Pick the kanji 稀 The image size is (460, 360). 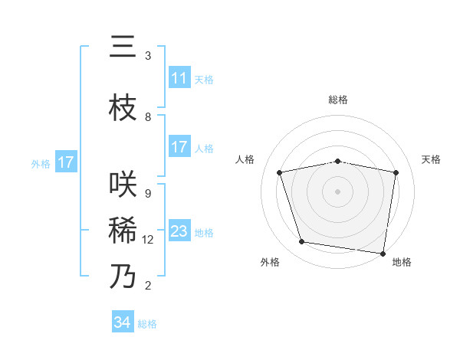point(123,231)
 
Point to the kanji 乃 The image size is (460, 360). point(123,277)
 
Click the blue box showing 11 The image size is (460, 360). point(179,78)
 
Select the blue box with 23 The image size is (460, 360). point(179,231)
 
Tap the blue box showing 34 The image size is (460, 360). point(123,322)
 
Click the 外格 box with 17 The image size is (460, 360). point(66,162)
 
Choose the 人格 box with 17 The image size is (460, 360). point(179,147)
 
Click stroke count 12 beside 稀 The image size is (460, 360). point(148,240)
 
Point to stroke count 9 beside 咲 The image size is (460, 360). point(148,194)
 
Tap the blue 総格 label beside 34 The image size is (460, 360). point(147,324)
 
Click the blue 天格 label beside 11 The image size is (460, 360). point(204,79)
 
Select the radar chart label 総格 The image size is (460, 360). point(338,100)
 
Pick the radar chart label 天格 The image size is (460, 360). point(432,159)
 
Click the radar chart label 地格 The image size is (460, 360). point(402,262)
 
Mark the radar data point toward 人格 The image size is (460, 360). point(280,172)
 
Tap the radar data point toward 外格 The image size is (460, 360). point(302,242)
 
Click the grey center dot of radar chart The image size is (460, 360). point(338,191)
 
